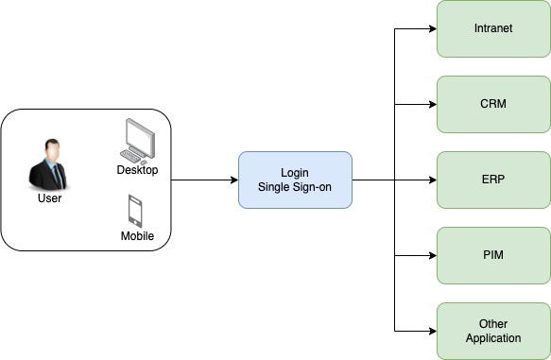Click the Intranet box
pyautogui.click(x=492, y=28)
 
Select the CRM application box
pyautogui.click(x=492, y=104)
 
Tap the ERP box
pyautogui.click(x=492, y=180)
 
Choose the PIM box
pyautogui.click(x=492, y=255)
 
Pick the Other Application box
pyautogui.click(x=492, y=331)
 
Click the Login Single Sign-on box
pyautogui.click(x=295, y=180)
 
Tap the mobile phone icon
pyautogui.click(x=135, y=211)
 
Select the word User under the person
pyautogui.click(x=49, y=199)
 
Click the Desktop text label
pyautogui.click(x=137, y=170)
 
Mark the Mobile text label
pyautogui.click(x=137, y=235)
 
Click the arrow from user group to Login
pyautogui.click(x=204, y=180)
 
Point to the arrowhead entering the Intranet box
pyautogui.click(x=431, y=28)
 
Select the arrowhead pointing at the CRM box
pyautogui.click(x=431, y=104)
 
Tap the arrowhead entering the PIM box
pyautogui.click(x=431, y=255)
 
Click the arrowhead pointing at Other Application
pyautogui.click(x=431, y=331)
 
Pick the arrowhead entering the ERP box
pyautogui.click(x=431, y=180)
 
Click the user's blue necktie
pyautogui.click(x=53, y=175)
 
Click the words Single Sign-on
pyautogui.click(x=295, y=187)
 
